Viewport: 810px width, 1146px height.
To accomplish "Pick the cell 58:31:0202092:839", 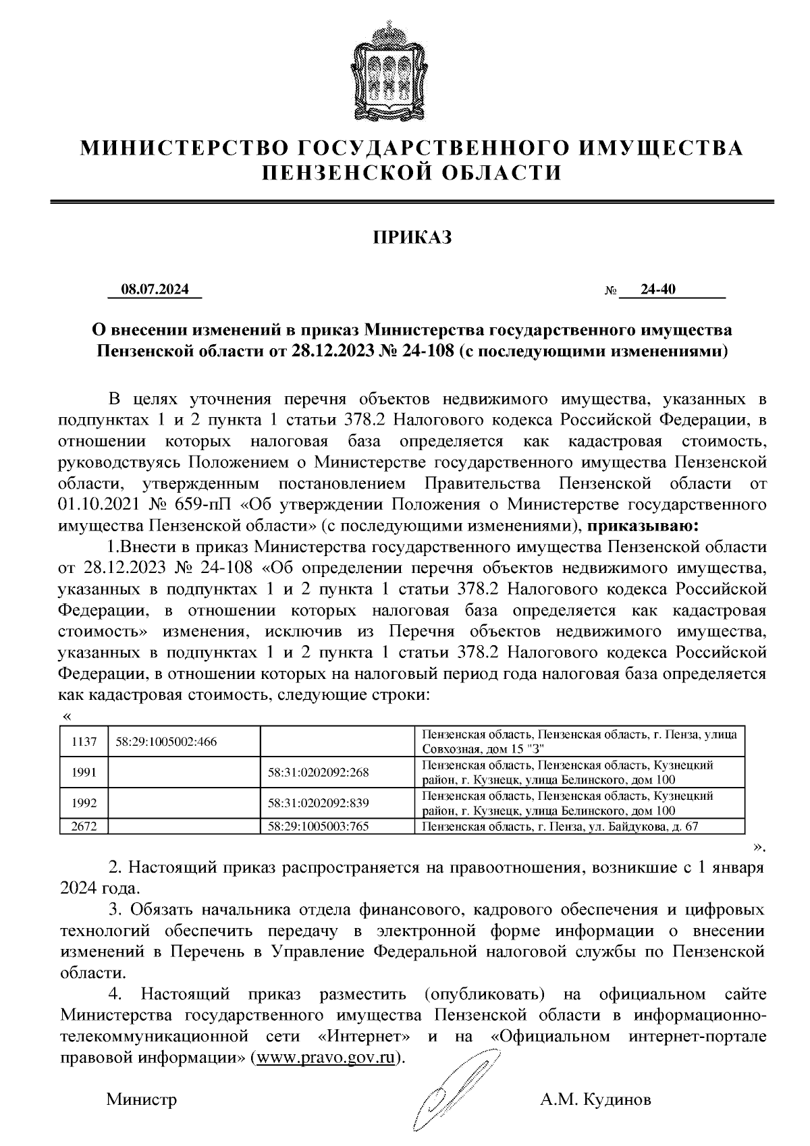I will pos(318,803).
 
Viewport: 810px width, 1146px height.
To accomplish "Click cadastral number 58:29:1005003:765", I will pos(318,825).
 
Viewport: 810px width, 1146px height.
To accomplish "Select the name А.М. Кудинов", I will pos(595,1100).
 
